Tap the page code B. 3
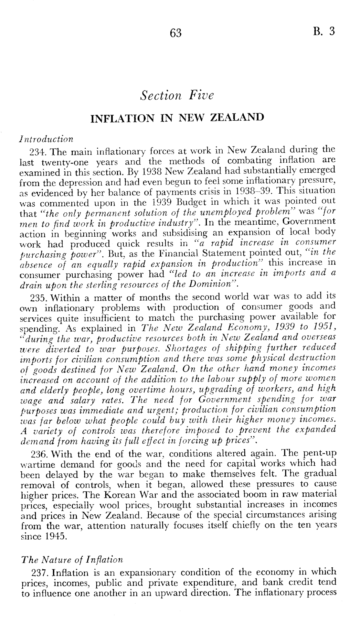pyautogui.click(x=324, y=31)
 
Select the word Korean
pyautogui.click(x=123, y=495)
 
